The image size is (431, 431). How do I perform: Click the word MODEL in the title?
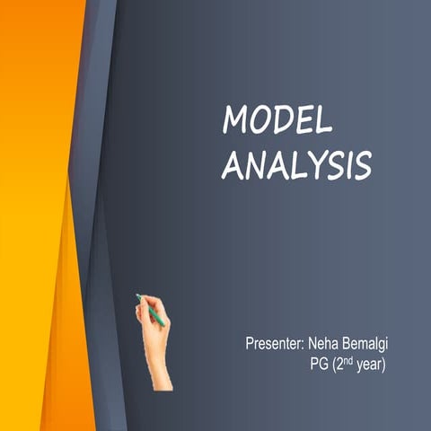(x=277, y=120)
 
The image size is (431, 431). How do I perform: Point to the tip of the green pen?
(x=137, y=295)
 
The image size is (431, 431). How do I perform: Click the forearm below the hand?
(x=160, y=368)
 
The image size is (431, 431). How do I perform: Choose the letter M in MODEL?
(x=235, y=120)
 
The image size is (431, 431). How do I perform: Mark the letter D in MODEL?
(x=281, y=120)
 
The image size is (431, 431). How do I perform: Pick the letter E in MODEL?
(x=303, y=120)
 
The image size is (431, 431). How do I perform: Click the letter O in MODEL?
(x=259, y=120)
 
